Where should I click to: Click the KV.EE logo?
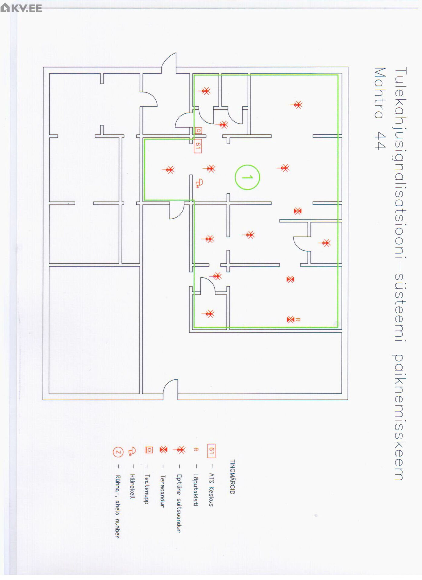(21, 8)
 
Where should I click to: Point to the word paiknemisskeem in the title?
(399, 417)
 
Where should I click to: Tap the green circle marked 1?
(247, 177)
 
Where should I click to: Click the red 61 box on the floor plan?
(198, 146)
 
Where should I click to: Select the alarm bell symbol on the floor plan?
(199, 183)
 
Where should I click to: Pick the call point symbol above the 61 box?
(198, 130)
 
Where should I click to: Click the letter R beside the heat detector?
(298, 319)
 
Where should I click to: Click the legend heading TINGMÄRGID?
(232, 477)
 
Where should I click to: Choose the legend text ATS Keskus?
(211, 490)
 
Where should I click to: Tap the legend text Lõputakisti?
(196, 489)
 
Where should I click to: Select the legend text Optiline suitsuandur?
(179, 503)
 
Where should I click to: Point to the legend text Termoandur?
(163, 491)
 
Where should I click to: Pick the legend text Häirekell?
(132, 486)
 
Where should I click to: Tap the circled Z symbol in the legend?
(118, 452)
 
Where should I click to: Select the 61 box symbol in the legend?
(211, 451)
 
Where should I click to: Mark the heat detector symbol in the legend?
(163, 450)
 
